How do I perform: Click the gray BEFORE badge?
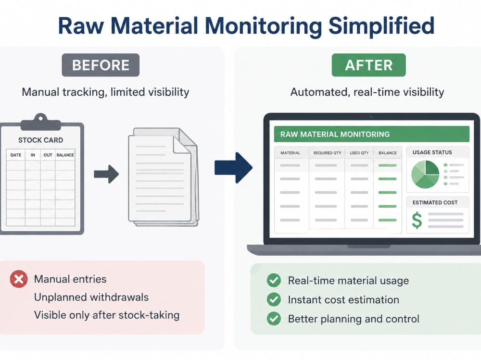(x=101, y=65)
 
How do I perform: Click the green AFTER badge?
(x=369, y=65)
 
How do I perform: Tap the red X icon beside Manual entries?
(x=19, y=279)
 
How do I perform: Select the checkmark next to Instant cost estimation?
(x=274, y=299)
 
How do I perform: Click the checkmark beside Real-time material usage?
(x=274, y=280)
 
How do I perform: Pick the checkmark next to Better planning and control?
(x=274, y=319)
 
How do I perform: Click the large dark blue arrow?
(x=233, y=168)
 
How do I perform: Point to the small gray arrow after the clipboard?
(x=106, y=174)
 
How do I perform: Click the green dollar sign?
(x=417, y=220)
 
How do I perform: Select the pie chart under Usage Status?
(x=425, y=174)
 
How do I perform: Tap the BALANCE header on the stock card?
(x=65, y=155)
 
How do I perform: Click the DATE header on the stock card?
(x=16, y=155)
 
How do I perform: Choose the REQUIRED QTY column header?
(x=327, y=153)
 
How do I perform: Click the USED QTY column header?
(x=359, y=153)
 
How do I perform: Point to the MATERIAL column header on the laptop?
(x=290, y=153)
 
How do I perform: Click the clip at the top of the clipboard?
(x=41, y=122)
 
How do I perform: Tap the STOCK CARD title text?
(x=40, y=140)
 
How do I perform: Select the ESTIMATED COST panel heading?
(x=435, y=203)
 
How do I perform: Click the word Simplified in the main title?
(x=381, y=26)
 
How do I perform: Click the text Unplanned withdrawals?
(x=91, y=297)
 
